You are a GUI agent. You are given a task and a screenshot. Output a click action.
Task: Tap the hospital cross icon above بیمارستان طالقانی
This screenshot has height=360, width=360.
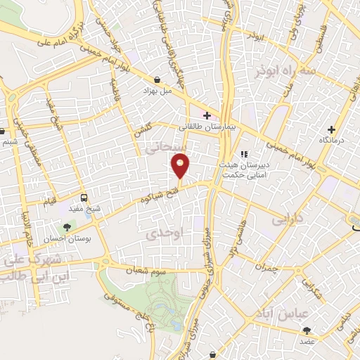coord(206,115)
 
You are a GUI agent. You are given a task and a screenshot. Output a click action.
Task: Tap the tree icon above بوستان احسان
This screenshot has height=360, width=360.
coord(67,227)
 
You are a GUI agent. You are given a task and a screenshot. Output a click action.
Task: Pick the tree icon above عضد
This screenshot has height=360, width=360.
coord(307,330)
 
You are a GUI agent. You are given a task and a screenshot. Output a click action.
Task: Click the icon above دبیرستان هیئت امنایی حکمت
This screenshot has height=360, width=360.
coord(244,155)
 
